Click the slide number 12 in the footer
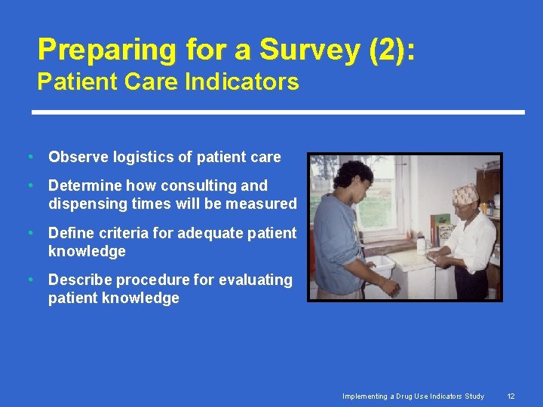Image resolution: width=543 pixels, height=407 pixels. pos(511,396)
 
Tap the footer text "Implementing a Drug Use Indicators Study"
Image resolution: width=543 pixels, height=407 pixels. pos(413,396)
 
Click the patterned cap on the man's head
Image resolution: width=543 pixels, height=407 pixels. pos(465,194)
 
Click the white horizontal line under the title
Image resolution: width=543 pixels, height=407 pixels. pos(278,112)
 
